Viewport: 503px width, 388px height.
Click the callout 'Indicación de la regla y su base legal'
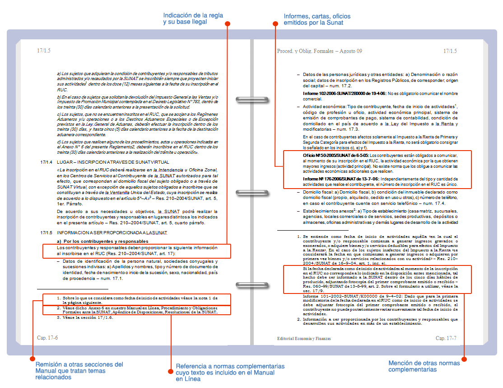[193, 19]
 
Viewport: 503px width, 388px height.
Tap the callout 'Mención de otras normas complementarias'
[424, 366]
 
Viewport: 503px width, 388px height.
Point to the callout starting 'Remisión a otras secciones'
[79, 370]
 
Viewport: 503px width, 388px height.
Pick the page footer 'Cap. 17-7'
[446, 338]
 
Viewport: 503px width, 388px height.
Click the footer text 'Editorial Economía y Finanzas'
[304, 339]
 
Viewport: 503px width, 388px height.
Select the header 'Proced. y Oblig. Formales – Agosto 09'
[319, 51]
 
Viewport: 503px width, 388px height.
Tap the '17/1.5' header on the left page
[44, 51]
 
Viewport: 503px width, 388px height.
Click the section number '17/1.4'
[47, 162]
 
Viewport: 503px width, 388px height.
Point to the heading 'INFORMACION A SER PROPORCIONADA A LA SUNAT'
[112, 233]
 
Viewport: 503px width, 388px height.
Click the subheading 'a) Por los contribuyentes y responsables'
[102, 241]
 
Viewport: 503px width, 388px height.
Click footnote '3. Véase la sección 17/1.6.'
[85, 317]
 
